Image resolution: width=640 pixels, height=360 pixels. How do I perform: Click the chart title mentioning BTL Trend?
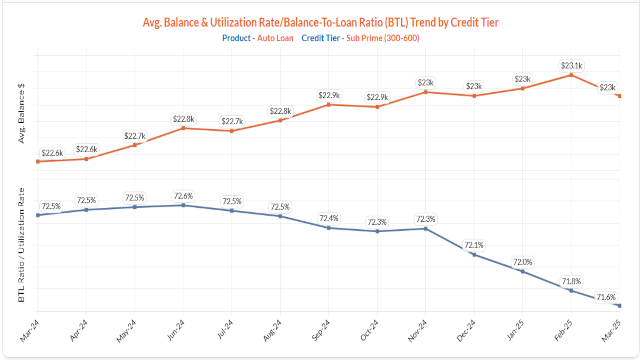point(320,23)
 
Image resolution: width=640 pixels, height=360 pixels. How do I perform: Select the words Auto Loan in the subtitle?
point(275,38)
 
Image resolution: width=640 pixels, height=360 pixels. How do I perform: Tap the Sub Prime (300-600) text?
point(382,38)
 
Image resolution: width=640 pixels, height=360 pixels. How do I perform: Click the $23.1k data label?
point(571,66)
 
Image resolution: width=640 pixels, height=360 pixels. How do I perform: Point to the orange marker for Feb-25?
point(571,75)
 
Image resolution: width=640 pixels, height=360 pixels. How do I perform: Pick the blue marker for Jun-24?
point(183,205)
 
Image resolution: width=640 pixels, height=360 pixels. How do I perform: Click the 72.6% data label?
point(183,196)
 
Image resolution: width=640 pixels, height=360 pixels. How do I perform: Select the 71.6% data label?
point(606,297)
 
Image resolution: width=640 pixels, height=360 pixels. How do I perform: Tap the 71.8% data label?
point(571,282)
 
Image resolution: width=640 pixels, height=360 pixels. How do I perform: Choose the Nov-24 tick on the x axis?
point(417,330)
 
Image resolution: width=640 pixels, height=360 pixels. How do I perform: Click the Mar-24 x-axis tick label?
point(30,330)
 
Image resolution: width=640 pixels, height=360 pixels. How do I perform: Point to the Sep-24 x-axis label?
point(321,330)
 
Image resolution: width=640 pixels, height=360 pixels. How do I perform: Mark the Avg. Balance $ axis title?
point(21,113)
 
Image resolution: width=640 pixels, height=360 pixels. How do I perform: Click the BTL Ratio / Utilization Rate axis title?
point(21,245)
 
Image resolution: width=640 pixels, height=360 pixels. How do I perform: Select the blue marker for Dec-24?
point(474,255)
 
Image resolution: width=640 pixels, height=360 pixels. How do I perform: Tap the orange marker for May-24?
point(135,145)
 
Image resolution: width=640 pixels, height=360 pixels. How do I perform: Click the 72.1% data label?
point(474,246)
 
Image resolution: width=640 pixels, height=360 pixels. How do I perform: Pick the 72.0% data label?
point(523,262)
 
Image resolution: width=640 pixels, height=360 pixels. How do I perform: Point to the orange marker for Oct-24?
point(377,107)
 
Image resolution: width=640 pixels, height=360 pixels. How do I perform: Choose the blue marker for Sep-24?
point(329,228)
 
